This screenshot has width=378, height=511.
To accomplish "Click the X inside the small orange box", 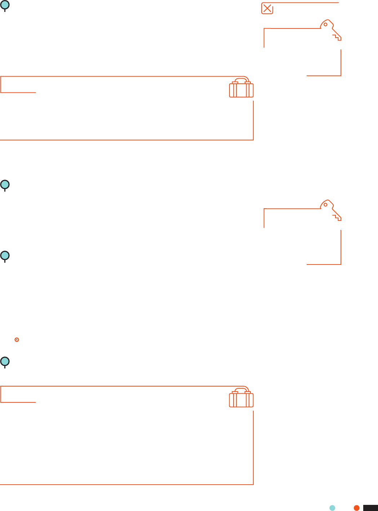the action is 267,9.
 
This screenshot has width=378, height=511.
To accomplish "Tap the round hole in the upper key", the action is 325,25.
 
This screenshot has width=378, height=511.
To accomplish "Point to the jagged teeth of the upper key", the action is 337,36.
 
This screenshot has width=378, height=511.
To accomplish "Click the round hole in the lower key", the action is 325,205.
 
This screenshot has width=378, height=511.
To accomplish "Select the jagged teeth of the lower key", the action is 337,217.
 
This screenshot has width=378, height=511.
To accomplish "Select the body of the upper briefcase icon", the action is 241,91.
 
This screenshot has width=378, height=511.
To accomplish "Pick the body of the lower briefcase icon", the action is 241,400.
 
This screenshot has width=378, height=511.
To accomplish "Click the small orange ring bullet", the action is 17,340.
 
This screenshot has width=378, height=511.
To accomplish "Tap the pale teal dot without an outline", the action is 332,508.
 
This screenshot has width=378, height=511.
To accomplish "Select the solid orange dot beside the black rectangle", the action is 356,508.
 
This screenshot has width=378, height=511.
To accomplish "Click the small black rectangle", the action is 370,508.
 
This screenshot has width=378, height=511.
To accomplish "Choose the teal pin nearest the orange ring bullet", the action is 5,361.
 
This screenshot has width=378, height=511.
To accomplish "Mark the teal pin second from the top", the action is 5,185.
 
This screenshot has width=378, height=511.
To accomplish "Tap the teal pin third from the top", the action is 5,256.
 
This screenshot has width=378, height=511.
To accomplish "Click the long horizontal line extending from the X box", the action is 306,3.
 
